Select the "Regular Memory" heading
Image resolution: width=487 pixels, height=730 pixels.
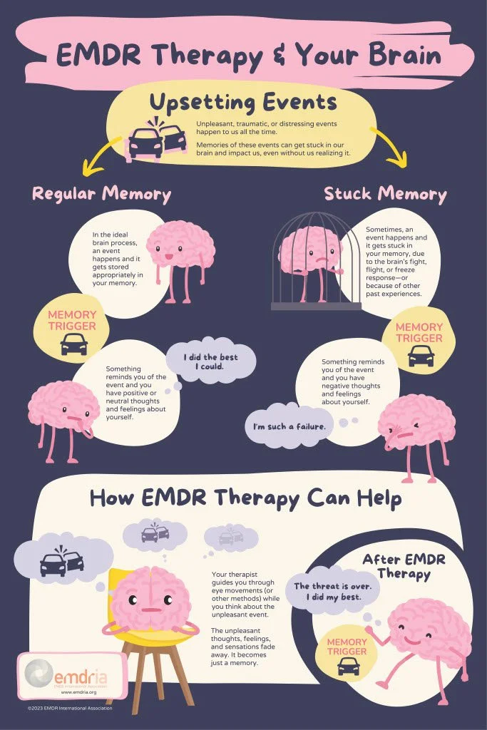point(101,193)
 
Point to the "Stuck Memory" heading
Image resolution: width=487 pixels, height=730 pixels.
point(385,193)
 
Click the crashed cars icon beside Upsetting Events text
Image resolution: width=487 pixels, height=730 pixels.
point(156,142)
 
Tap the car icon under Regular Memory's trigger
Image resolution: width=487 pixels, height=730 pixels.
point(74,347)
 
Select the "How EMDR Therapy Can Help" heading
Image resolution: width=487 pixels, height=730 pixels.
point(245,498)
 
